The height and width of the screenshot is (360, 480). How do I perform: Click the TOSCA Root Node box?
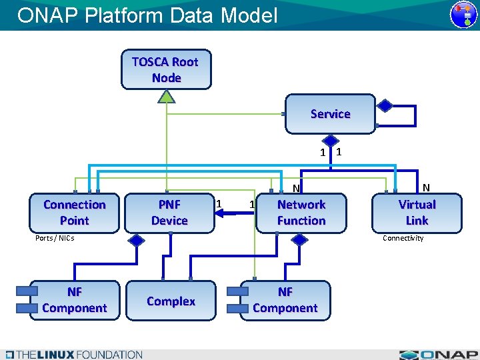pos(166,69)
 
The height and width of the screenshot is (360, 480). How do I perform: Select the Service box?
pos(330,114)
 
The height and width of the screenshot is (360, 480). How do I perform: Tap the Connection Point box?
pos(74,213)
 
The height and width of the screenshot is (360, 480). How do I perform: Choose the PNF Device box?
pos(169,213)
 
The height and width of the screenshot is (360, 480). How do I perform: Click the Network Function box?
pos(301,213)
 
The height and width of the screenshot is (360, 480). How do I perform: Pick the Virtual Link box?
pos(417,213)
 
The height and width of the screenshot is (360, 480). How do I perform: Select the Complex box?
pos(171,301)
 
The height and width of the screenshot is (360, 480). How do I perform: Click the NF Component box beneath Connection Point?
pos(74,300)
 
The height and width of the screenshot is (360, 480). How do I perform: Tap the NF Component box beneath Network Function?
pos(285,300)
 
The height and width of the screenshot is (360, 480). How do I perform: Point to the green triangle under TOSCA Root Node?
pos(166,96)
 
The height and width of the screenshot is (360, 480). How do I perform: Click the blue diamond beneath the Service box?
pos(331,140)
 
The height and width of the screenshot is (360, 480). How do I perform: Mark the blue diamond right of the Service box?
pos(385,105)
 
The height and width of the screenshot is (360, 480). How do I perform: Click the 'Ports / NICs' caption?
pos(55,238)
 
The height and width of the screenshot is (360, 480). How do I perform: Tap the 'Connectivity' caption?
pos(403,238)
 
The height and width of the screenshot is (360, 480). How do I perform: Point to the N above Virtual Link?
pos(425,188)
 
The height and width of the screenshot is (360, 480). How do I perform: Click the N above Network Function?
pos(297,189)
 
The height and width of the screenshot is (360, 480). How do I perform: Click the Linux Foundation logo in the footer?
pos(73,355)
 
